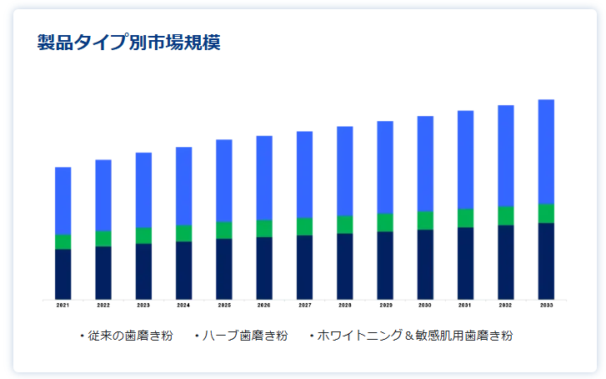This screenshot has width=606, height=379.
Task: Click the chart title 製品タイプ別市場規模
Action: (128, 42)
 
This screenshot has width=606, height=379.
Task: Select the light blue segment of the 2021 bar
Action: (63, 200)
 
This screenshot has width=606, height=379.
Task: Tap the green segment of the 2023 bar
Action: (143, 235)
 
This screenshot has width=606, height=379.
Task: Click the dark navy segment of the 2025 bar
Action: (224, 269)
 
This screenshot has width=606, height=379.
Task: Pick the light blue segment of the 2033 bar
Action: (546, 151)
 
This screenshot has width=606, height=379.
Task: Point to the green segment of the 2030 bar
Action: (425, 220)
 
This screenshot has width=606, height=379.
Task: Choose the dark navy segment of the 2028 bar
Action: (344, 266)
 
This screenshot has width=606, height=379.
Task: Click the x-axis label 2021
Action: (63, 306)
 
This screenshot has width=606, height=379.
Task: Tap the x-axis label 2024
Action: (183, 306)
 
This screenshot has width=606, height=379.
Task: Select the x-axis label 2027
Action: (304, 306)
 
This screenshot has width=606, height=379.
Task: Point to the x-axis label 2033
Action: (546, 306)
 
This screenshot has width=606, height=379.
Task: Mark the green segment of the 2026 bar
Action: (264, 228)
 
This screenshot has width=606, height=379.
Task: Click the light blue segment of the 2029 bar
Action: (385, 167)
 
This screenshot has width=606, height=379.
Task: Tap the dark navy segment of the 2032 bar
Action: (506, 262)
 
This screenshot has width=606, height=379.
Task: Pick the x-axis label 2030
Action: (425, 306)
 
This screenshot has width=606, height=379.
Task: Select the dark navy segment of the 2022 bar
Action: (103, 273)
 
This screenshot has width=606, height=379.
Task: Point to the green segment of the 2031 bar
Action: (465, 218)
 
